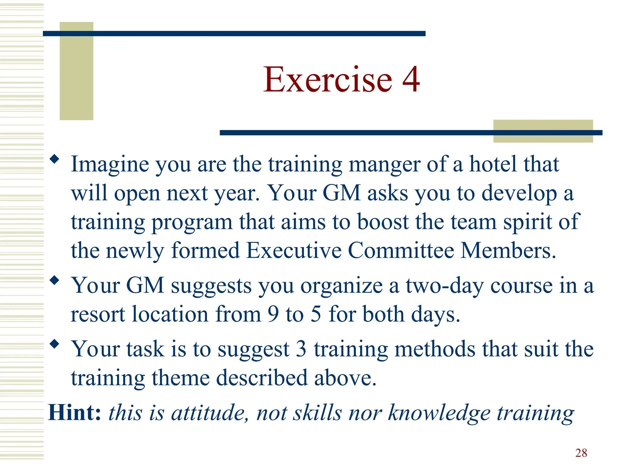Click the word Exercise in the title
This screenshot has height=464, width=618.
tap(327, 80)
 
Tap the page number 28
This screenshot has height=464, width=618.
tap(581, 453)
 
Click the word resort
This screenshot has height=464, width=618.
tap(98, 314)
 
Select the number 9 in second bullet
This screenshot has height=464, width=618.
tap(273, 314)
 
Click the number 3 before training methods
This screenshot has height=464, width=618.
tap(301, 349)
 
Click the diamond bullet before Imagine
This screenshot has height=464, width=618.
tap(54, 159)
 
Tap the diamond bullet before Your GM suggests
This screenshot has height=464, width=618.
tap(54, 280)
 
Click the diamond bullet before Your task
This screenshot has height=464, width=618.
tap(54, 344)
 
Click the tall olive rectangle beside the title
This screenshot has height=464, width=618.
tap(76, 76)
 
